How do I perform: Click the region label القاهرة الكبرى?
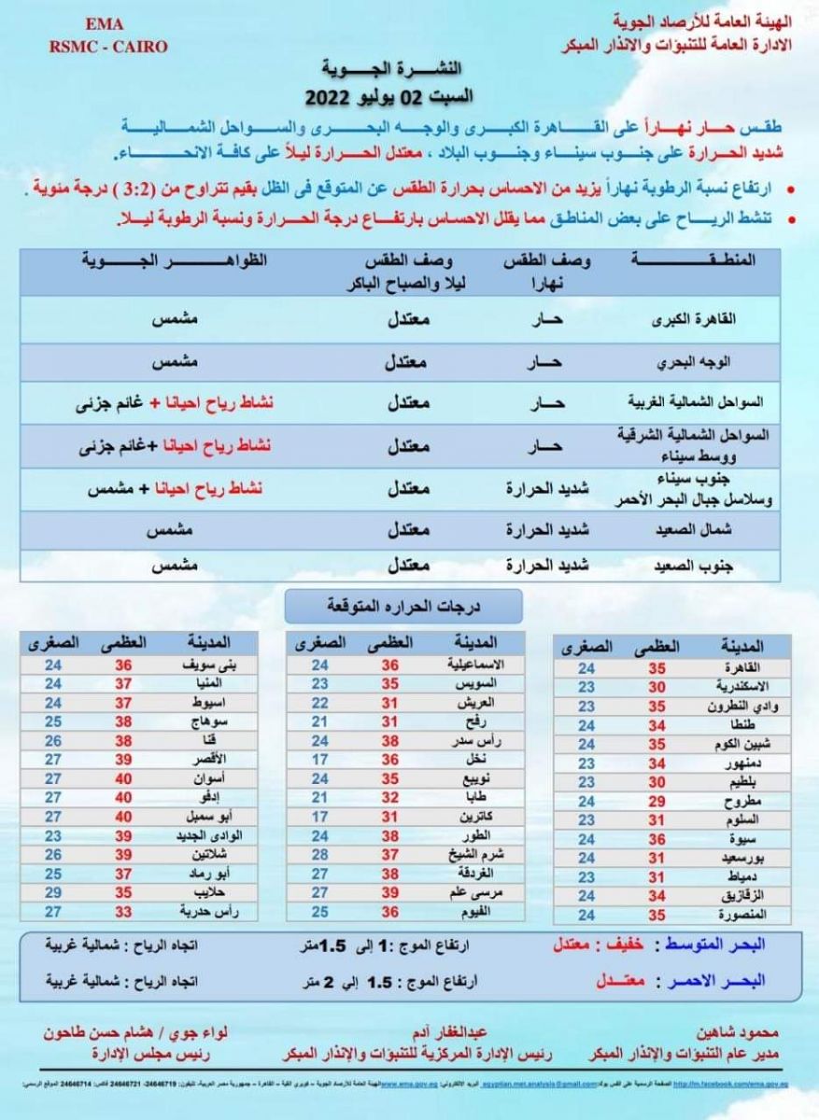[x=724, y=317]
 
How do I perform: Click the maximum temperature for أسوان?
[x=123, y=777]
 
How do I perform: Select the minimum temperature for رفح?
[x=320, y=721]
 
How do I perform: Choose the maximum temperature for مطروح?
[x=656, y=801]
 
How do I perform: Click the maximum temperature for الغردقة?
[x=390, y=873]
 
